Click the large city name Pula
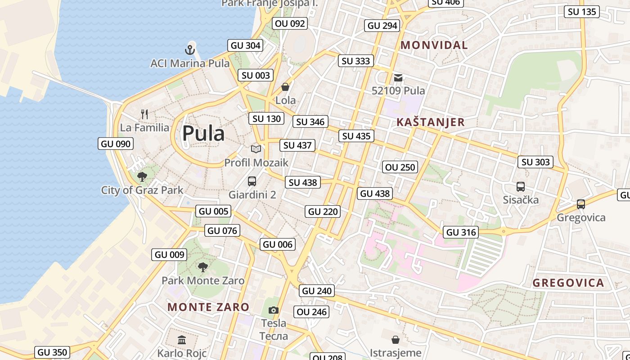click(203, 133)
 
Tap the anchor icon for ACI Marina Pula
click(189, 49)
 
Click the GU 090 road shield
click(116, 144)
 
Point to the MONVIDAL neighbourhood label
click(434, 45)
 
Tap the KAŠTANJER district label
click(431, 122)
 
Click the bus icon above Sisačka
click(521, 186)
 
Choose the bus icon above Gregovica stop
click(581, 204)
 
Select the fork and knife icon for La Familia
click(144, 114)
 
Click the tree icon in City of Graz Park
click(142, 176)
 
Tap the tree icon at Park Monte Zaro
click(203, 267)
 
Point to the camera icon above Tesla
click(274, 310)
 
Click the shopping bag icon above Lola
click(285, 87)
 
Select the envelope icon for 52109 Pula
click(398, 77)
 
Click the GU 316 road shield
click(461, 232)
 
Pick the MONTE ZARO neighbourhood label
click(208, 307)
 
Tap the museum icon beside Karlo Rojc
click(182, 340)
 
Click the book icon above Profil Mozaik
click(256, 149)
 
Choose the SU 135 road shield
click(582, 12)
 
